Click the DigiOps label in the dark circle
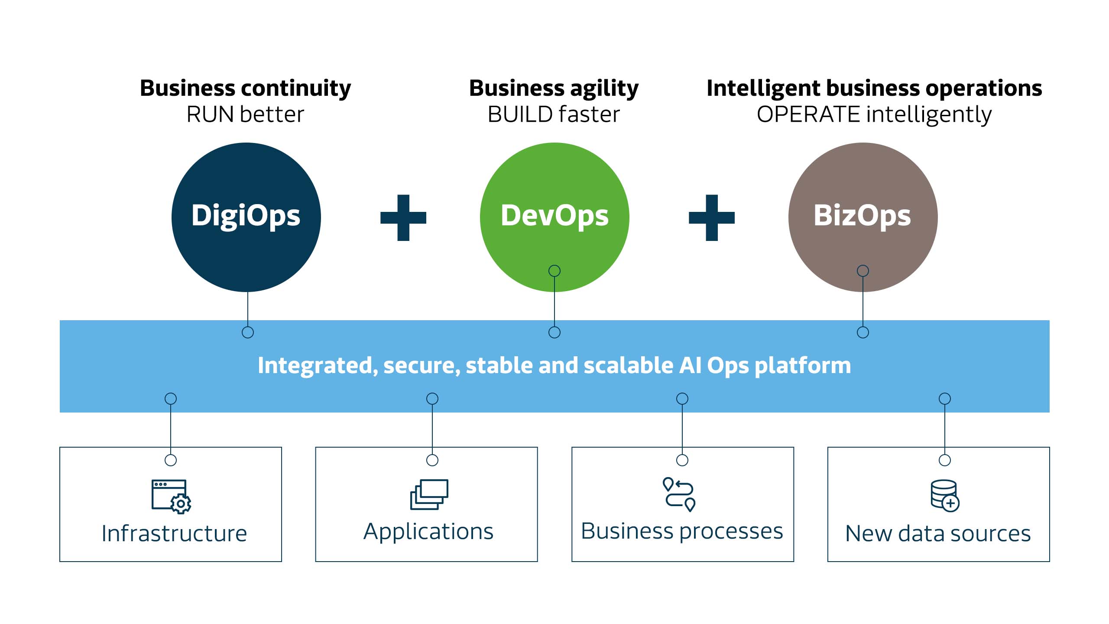click(246, 216)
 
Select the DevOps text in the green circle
click(554, 216)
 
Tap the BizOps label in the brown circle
click(863, 216)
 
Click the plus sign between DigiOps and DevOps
click(403, 218)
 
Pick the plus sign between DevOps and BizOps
click(712, 218)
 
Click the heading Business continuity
click(246, 88)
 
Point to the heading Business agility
click(554, 88)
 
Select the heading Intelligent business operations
click(874, 88)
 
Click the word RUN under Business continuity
click(211, 114)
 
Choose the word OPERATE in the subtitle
click(808, 114)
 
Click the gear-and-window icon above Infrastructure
click(171, 497)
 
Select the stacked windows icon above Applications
click(429, 494)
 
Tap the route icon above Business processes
click(679, 494)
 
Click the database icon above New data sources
click(945, 496)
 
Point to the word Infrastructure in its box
click(174, 533)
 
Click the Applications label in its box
click(428, 532)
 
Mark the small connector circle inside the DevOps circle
click(554, 271)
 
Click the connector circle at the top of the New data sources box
click(945, 460)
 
